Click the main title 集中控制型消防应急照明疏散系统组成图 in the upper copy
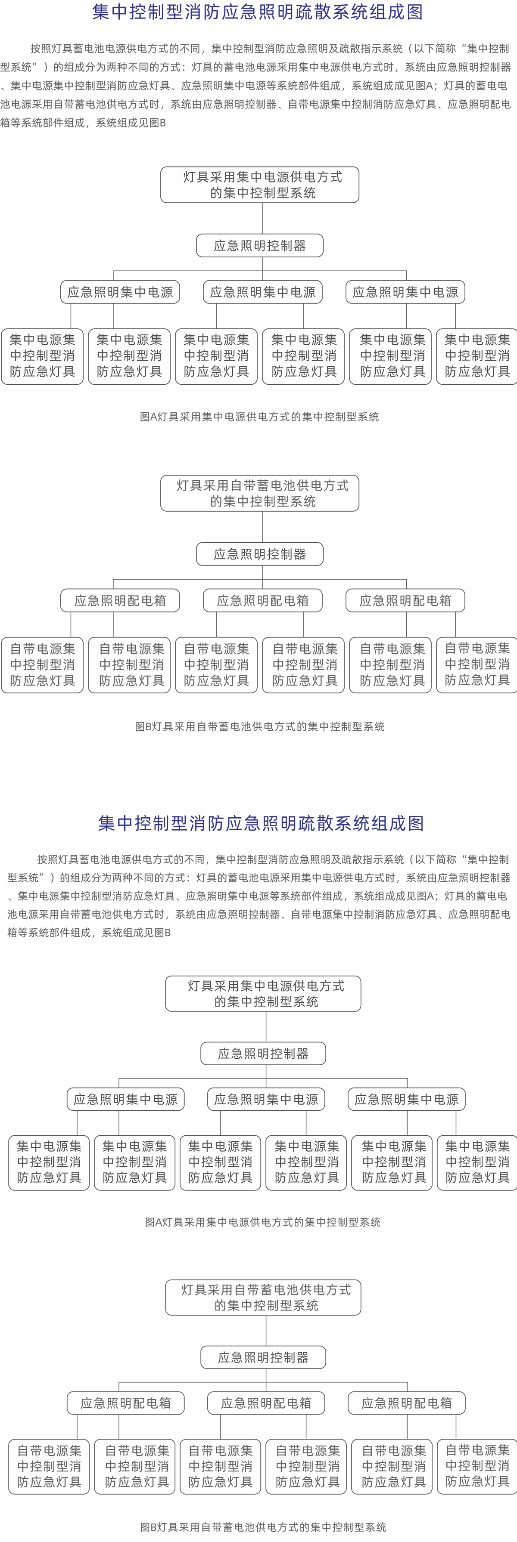(258, 12)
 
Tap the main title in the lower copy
(261, 823)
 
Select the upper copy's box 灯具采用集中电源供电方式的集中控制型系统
(259, 185)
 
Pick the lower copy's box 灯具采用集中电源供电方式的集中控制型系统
(263, 994)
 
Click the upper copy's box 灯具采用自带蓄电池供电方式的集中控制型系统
(259, 493)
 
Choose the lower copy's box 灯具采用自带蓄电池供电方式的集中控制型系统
(263, 1297)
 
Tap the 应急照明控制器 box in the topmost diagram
(259, 245)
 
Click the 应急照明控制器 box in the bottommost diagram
(263, 1357)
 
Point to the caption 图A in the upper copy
(259, 417)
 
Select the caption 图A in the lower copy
(263, 1222)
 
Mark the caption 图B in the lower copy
(263, 1527)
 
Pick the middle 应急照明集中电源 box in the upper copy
(262, 292)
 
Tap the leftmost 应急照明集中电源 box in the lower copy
(125, 1099)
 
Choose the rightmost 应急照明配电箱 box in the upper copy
(405, 600)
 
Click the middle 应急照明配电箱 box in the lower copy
(266, 1403)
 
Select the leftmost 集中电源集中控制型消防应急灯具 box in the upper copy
(42, 356)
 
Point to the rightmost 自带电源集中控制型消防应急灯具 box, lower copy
(477, 1466)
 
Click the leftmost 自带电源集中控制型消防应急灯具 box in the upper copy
(42, 665)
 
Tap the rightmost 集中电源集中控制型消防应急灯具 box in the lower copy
(477, 1162)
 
